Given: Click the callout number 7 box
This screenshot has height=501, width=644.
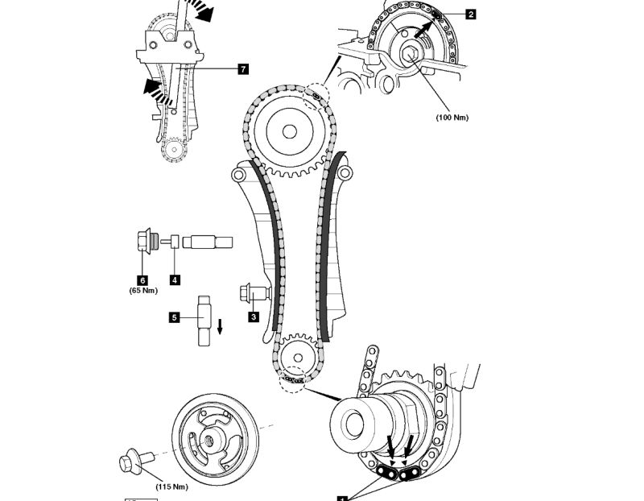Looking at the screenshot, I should [x=243, y=69].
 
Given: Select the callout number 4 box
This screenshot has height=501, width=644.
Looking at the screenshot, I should [x=175, y=279].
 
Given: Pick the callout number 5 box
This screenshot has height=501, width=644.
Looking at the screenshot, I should [x=174, y=317].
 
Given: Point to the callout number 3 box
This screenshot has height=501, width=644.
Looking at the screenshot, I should [x=254, y=317].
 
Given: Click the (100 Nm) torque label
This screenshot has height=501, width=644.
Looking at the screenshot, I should [x=452, y=118].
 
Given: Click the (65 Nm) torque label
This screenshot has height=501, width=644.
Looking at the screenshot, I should [x=143, y=290].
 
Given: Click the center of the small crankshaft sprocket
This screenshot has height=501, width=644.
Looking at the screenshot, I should [x=295, y=354].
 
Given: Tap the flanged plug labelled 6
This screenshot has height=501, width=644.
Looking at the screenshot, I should [x=146, y=241].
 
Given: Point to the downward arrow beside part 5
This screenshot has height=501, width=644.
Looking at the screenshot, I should [x=219, y=326].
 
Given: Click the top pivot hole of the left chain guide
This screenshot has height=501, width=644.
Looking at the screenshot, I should [x=237, y=174].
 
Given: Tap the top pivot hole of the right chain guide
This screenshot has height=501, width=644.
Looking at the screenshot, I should [x=345, y=172].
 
